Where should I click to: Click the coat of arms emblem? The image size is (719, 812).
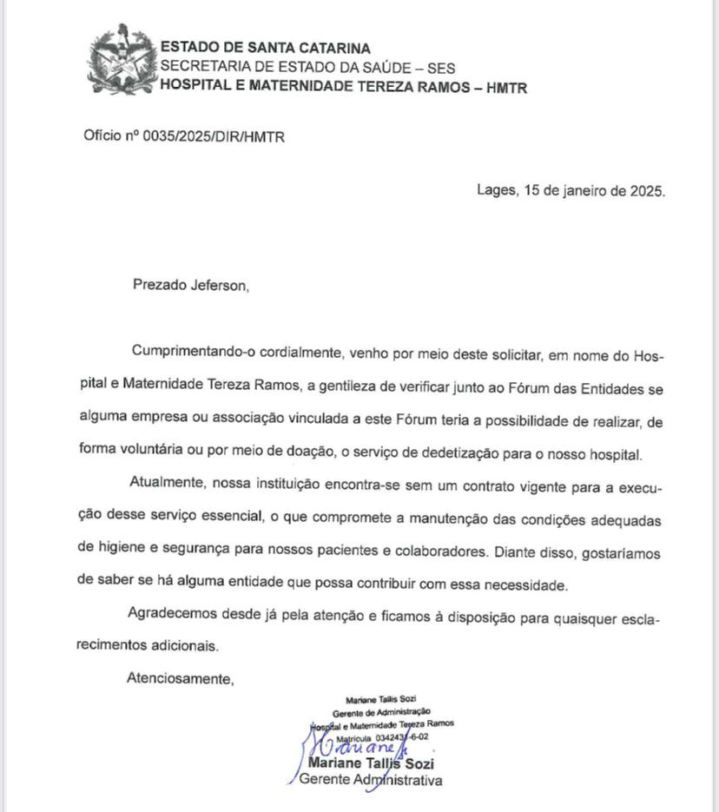pos(121,62)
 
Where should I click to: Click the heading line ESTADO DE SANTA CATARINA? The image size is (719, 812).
pos(265,49)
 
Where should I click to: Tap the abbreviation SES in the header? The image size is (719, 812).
pos(440,68)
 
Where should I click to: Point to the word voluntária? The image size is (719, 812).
pos(155,453)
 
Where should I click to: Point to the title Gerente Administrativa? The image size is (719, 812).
pos(370,780)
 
